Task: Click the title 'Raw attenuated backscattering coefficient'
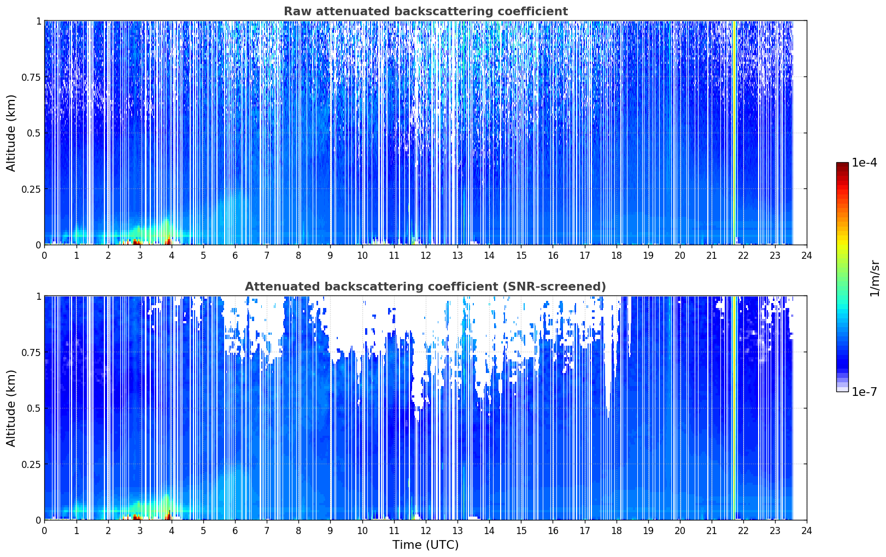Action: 426,11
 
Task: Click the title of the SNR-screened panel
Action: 426,286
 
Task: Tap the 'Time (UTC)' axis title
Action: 426,545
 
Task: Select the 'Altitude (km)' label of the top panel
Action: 11,133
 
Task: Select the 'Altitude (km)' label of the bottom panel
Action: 11,408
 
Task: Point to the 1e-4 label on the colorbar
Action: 864,162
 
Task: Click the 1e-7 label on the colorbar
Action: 864,392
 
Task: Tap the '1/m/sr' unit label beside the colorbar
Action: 875,278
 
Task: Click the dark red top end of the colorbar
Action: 842,165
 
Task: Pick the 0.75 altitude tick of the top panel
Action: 31,77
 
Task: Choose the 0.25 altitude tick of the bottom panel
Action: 31,464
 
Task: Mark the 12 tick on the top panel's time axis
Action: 426,256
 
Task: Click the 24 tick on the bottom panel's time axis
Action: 807,531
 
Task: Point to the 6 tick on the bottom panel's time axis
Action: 235,531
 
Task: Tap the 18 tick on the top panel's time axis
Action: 616,256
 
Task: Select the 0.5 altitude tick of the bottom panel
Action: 34,408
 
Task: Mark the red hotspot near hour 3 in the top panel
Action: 137,241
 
